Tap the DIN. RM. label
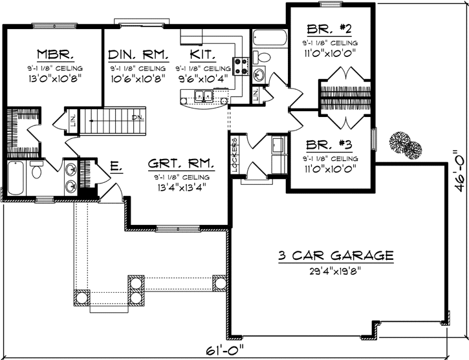(x=138, y=54)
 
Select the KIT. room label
(x=203, y=54)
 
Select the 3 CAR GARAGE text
(x=336, y=255)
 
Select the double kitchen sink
(x=204, y=97)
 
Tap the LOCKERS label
(x=234, y=152)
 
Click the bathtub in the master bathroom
(x=16, y=176)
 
